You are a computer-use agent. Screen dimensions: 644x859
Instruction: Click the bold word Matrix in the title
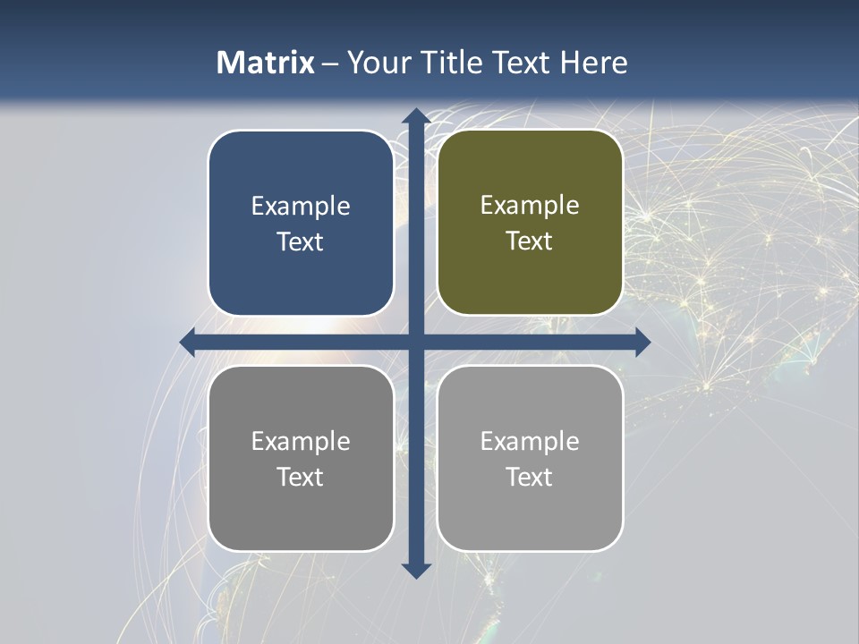(266, 63)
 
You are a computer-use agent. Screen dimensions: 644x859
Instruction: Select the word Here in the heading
(594, 63)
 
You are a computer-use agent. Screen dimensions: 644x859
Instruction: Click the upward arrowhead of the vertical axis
(415, 116)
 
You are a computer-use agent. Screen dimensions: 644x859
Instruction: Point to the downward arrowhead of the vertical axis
(415, 570)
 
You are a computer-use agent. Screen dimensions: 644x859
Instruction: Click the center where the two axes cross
(415, 342)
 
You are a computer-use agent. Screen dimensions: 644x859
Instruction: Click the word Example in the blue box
(301, 206)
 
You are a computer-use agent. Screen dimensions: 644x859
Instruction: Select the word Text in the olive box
(530, 241)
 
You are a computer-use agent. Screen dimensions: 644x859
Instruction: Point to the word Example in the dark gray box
(301, 441)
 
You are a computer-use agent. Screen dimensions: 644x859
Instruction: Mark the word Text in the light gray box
(530, 477)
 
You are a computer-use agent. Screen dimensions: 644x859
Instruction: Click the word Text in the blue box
(301, 242)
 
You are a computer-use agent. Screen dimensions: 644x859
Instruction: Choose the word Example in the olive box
(530, 205)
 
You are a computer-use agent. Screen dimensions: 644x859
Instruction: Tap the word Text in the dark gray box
(301, 477)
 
